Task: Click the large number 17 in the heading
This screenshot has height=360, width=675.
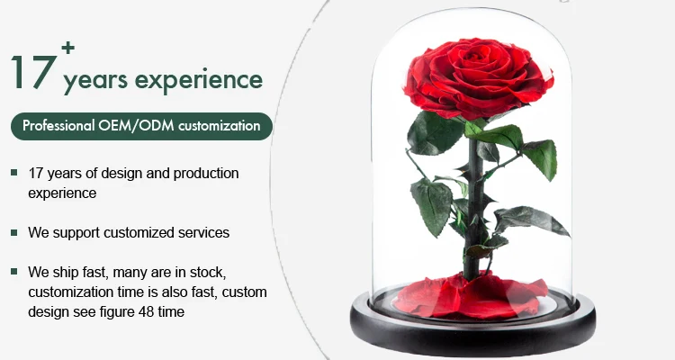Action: point(34,72)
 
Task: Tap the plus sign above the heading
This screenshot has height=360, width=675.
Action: point(68,48)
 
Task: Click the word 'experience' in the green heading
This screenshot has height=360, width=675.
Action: point(199,80)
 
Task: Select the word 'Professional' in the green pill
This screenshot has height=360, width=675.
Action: point(58,126)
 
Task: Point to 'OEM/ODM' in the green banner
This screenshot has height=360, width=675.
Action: point(136,125)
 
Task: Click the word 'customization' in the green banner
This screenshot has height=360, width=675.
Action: point(219,126)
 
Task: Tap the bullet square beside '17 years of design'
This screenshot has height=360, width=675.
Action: point(14,173)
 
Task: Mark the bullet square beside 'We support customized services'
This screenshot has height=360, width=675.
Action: point(14,232)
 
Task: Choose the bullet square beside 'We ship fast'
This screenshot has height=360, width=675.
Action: point(14,272)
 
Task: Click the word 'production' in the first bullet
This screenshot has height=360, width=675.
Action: point(206,174)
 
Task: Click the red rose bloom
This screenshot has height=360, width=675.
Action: point(478,77)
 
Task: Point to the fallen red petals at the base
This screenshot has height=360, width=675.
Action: point(470,296)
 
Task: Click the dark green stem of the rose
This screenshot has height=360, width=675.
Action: point(472,207)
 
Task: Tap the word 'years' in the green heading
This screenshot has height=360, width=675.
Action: point(95,81)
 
